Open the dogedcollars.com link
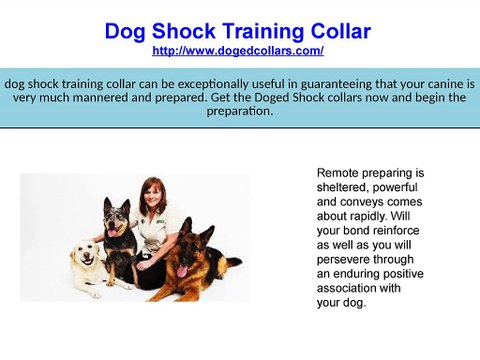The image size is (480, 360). pos(237,49)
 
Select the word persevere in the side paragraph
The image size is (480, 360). pos(346,258)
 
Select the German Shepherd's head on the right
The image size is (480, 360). pos(187,237)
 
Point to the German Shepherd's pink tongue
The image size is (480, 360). pos(181,269)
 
